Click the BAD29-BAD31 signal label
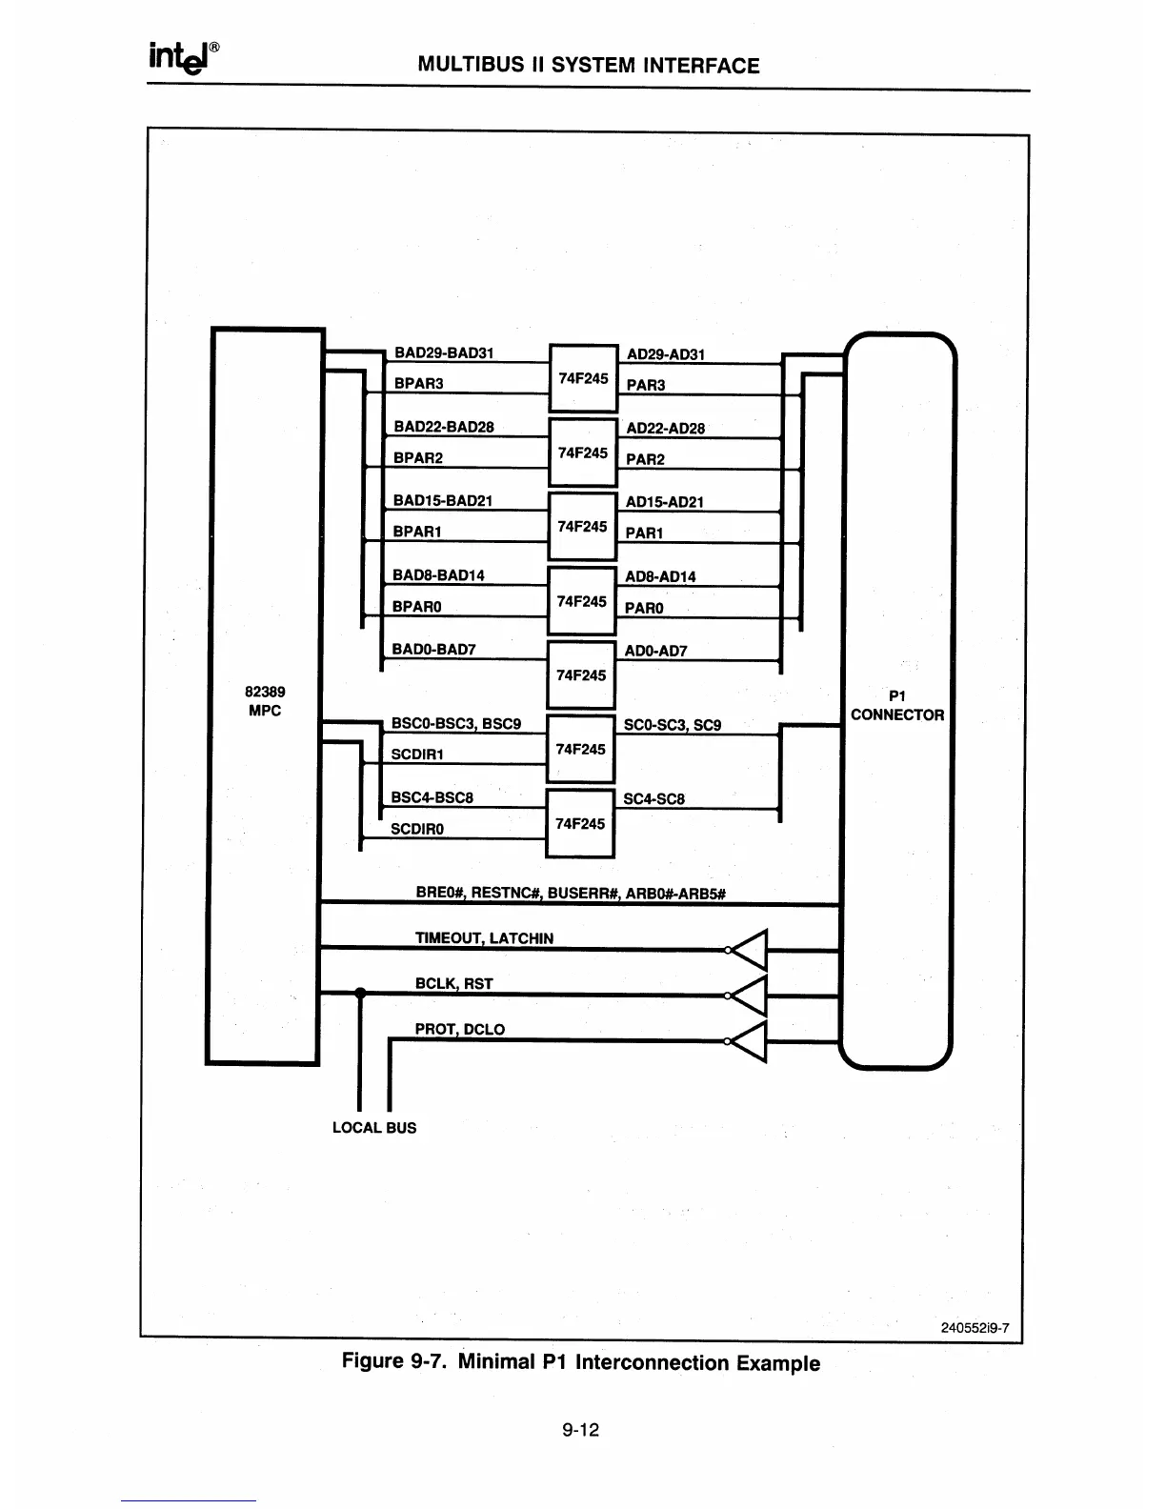pos(444,352)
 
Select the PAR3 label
pos(646,385)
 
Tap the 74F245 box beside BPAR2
pos(582,453)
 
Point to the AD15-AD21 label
pos(664,502)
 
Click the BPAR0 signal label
pos(417,607)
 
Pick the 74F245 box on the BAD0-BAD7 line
pos(581,675)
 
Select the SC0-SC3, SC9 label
pos(672,725)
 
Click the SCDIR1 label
pos(418,754)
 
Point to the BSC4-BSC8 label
pos(432,797)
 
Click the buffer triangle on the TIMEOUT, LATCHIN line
pos(751,949)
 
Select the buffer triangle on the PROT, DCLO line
pos(751,1040)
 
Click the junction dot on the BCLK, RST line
pos(360,994)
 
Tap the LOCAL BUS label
pos(374,1128)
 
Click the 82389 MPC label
pos(265,701)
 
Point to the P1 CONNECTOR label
pos(897,706)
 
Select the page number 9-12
pos(580,1430)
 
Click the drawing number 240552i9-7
pos(975,1328)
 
